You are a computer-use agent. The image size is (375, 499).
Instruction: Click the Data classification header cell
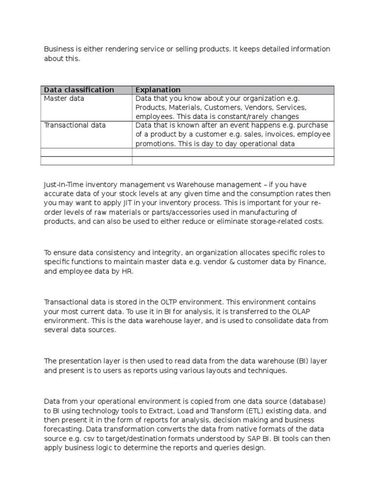click(x=79, y=90)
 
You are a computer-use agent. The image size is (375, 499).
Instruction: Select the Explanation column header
click(x=158, y=90)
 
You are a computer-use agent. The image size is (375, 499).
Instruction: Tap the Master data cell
click(x=64, y=98)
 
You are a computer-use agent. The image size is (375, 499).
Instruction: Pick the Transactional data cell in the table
click(x=75, y=125)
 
